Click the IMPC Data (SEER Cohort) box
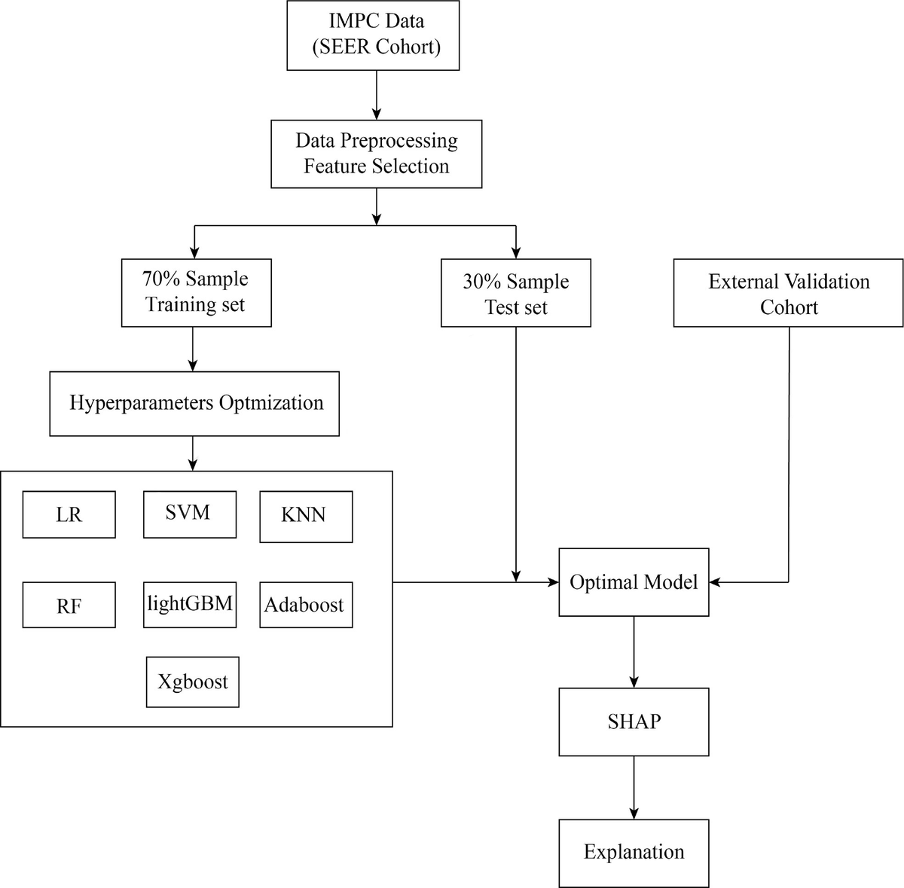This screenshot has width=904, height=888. [373, 35]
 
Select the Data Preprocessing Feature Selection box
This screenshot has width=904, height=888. [376, 154]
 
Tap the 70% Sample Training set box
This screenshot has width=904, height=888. [196, 293]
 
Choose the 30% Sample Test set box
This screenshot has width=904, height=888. [515, 293]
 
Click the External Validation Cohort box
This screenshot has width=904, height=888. [788, 293]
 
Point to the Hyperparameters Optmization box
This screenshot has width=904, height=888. [194, 404]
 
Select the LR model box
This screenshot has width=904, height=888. [69, 514]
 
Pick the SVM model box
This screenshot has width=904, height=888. [190, 514]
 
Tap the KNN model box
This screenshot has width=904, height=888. [306, 517]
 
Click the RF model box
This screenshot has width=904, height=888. [69, 605]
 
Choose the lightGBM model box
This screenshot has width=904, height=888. [190, 605]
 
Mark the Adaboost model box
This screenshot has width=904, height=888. [306, 605]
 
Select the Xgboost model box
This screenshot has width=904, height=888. [192, 682]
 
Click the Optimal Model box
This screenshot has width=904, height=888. [634, 582]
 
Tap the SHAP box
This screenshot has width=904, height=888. [634, 722]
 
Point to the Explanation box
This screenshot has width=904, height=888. [634, 853]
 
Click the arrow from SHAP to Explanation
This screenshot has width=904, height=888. [634, 788]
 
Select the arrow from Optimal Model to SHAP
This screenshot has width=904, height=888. [634, 652]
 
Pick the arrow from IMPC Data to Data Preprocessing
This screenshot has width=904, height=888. [376, 95]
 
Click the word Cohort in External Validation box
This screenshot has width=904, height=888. [789, 307]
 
